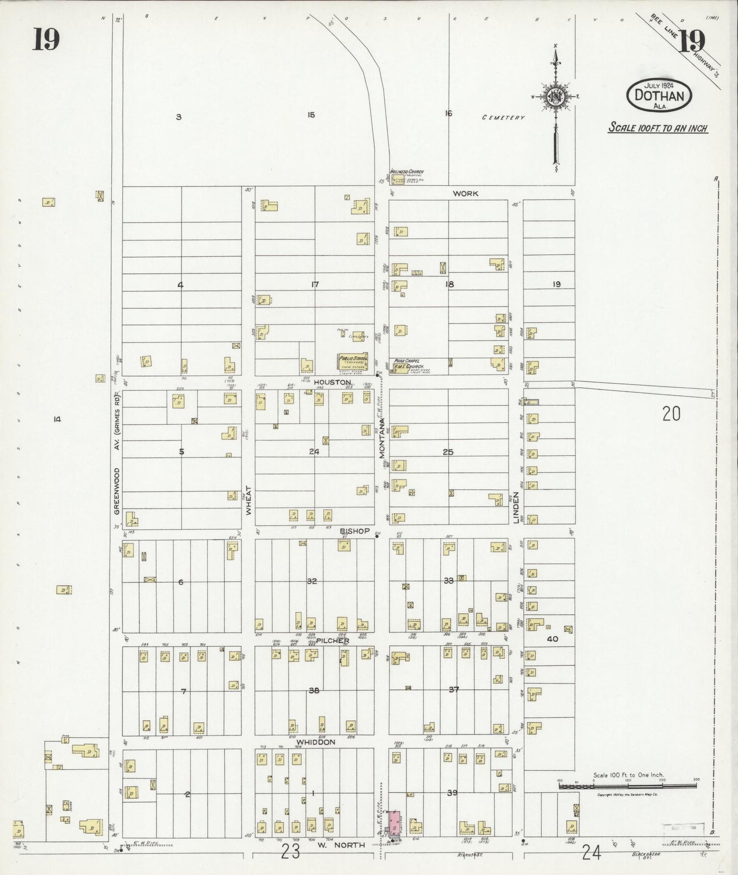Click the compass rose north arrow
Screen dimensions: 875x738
(x=556, y=97)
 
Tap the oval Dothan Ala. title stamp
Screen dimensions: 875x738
(x=659, y=94)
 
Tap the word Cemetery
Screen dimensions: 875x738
(x=503, y=118)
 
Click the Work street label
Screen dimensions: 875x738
(x=465, y=193)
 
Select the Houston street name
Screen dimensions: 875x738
(x=332, y=382)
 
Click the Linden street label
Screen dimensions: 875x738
(x=515, y=507)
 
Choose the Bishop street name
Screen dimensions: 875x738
(x=355, y=531)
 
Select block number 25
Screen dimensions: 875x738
(x=448, y=452)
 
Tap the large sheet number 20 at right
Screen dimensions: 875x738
(x=671, y=414)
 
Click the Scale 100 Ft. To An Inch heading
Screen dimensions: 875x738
(x=657, y=128)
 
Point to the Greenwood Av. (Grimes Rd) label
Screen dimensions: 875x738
(x=117, y=454)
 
